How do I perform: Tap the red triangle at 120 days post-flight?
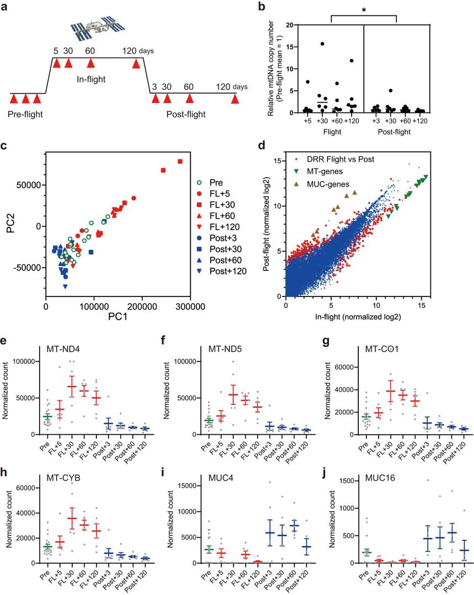(235, 99)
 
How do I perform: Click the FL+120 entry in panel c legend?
(226, 226)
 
